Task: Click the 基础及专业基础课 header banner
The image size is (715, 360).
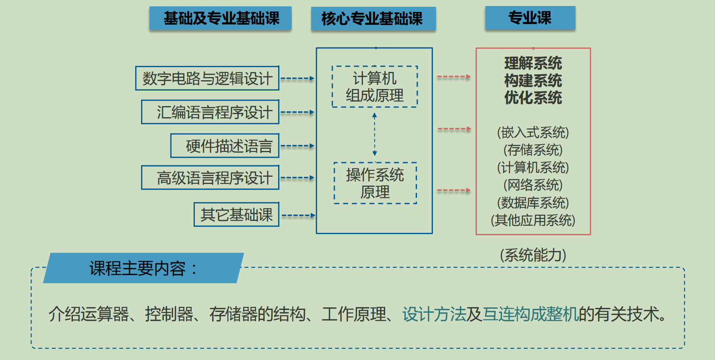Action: click(221, 18)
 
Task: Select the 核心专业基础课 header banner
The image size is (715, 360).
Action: click(373, 19)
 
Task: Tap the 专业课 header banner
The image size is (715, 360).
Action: click(530, 18)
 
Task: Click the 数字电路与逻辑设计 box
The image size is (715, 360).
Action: click(207, 78)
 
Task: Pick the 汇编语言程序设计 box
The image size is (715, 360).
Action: click(210, 112)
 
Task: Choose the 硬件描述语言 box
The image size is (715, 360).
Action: click(225, 146)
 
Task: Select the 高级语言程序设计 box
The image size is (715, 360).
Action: click(210, 178)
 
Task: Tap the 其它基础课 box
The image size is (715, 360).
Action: click(236, 215)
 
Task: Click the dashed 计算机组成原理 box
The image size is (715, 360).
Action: click(375, 87)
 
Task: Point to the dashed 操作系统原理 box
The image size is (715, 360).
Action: click(375, 183)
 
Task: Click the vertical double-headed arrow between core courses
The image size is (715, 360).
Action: click(374, 134)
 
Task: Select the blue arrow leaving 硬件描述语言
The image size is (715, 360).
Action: click(297, 146)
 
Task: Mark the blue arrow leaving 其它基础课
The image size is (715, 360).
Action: click(298, 215)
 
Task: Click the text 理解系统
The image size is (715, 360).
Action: click(533, 63)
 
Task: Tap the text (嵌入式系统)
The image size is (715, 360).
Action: click(533, 132)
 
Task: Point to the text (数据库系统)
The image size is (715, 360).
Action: click(533, 203)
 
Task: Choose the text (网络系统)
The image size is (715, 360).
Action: click(533, 185)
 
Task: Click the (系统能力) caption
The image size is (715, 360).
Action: click(533, 255)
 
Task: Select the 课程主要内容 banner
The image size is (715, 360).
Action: click(143, 268)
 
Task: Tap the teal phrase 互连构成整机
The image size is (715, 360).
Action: click(530, 314)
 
